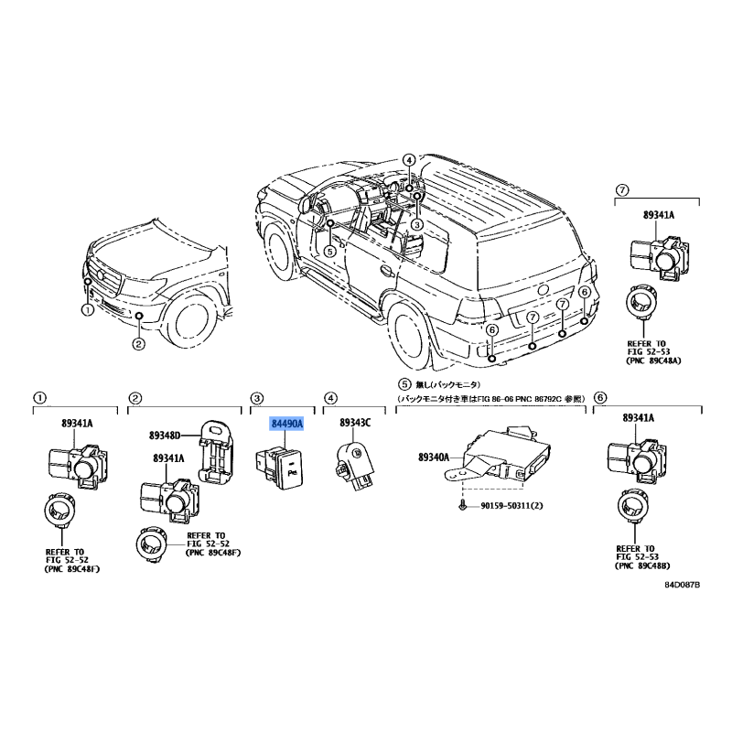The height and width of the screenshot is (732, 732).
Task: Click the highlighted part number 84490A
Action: pyautogui.click(x=287, y=424)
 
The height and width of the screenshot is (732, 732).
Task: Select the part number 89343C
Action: pyautogui.click(x=355, y=423)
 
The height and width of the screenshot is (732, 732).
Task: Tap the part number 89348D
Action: pyautogui.click(x=165, y=436)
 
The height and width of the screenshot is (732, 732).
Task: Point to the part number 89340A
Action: pyautogui.click(x=433, y=457)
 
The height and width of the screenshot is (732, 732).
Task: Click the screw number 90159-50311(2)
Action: pyautogui.click(x=511, y=506)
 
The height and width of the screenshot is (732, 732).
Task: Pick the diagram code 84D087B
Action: pyautogui.click(x=682, y=585)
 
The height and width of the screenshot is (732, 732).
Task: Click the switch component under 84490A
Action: pyautogui.click(x=279, y=468)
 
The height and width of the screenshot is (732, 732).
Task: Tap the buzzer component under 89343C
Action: pyautogui.click(x=356, y=465)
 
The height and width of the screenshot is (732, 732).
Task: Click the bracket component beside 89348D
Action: pyautogui.click(x=216, y=452)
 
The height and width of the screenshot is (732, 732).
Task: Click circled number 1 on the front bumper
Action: pyautogui.click(x=88, y=309)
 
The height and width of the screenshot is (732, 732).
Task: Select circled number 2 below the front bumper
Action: pyautogui.click(x=138, y=345)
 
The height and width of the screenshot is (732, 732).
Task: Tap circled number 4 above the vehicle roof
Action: pyautogui.click(x=408, y=161)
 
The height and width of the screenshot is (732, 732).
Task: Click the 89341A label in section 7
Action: pyautogui.click(x=659, y=215)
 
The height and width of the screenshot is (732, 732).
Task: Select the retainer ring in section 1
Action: pyautogui.click(x=59, y=510)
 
